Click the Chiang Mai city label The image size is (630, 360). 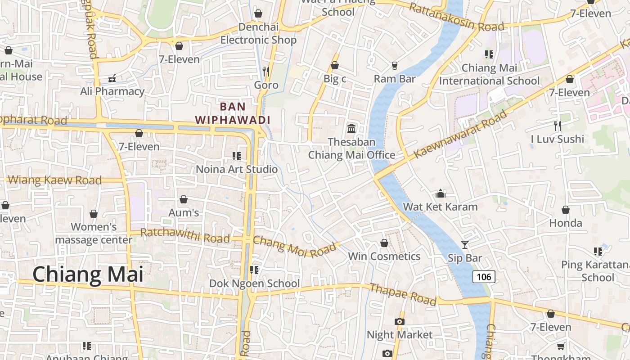(88, 274)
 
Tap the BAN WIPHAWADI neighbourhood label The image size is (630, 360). (233, 113)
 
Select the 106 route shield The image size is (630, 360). (484, 276)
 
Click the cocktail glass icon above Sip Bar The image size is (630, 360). (465, 245)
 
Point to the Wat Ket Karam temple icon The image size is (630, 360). (441, 193)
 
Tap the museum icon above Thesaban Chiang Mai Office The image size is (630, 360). (351, 129)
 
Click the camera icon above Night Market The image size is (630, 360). (399, 321)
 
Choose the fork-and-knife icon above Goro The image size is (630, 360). (266, 71)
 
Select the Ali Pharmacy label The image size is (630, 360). (112, 91)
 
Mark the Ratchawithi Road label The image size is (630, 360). (185, 235)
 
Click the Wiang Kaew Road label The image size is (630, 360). (55, 180)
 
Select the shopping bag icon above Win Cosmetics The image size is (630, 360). (384, 243)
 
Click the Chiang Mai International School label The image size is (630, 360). (489, 75)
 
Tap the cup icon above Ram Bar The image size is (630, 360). (395, 66)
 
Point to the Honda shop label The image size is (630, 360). (566, 223)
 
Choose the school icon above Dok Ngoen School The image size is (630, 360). (254, 270)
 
